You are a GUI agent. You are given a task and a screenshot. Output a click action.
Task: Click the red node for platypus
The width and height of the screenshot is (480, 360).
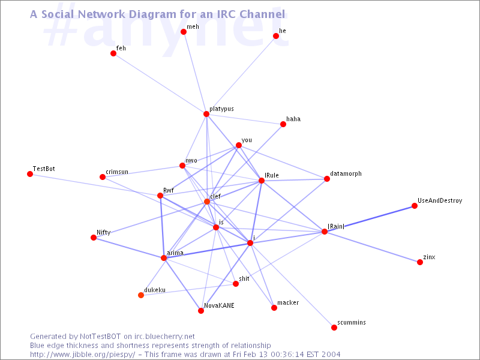pos(206,114)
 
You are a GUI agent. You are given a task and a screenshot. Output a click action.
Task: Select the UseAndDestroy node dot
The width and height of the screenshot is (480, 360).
pos(415,206)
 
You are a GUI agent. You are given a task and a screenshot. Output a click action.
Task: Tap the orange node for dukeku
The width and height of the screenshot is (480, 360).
pos(141,295)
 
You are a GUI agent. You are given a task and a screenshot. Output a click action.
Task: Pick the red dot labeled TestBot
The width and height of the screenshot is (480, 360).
pos(30,174)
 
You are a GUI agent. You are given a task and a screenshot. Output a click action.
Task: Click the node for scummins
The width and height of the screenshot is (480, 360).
pos(334,328)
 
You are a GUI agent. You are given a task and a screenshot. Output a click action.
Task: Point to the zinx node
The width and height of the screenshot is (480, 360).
pos(420,262)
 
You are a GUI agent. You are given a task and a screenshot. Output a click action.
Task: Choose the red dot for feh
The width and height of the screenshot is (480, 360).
pos(113,53)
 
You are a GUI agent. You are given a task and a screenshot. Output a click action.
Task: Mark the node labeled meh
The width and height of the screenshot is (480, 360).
pos(184,32)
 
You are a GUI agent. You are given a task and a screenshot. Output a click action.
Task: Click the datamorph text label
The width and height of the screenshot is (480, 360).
pos(346,173)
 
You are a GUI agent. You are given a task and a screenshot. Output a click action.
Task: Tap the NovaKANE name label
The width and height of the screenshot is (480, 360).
pos(219,305)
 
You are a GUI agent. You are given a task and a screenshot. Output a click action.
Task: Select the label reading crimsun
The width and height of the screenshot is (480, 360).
pos(117,172)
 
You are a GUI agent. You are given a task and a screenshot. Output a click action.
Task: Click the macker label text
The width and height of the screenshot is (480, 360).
pos(288,302)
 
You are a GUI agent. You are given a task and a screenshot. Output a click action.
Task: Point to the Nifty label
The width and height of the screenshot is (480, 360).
pos(103,232)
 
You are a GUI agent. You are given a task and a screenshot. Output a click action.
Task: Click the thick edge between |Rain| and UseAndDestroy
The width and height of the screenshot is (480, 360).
pos(370,218)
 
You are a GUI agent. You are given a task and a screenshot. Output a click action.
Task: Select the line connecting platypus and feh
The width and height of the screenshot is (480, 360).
pos(160,83)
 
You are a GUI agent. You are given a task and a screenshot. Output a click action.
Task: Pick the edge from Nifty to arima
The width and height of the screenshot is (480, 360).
pos(128,248)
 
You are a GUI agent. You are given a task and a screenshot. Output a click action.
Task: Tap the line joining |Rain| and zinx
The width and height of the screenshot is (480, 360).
pos(372,247)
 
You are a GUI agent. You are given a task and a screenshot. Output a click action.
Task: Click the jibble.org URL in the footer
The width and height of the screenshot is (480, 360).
pos(82,355)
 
